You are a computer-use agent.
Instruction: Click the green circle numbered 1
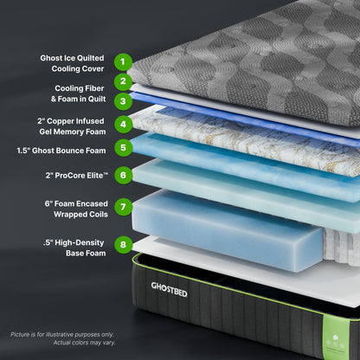(x=124, y=62)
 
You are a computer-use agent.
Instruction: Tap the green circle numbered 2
(x=124, y=82)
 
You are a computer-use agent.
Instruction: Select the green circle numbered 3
(x=124, y=101)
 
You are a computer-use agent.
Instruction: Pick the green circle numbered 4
(x=124, y=124)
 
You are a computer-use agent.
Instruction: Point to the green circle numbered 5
(x=124, y=147)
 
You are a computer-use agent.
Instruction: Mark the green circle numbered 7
(x=124, y=207)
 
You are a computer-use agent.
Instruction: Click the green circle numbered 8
(x=124, y=244)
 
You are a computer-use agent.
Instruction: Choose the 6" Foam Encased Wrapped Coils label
(x=76, y=208)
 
